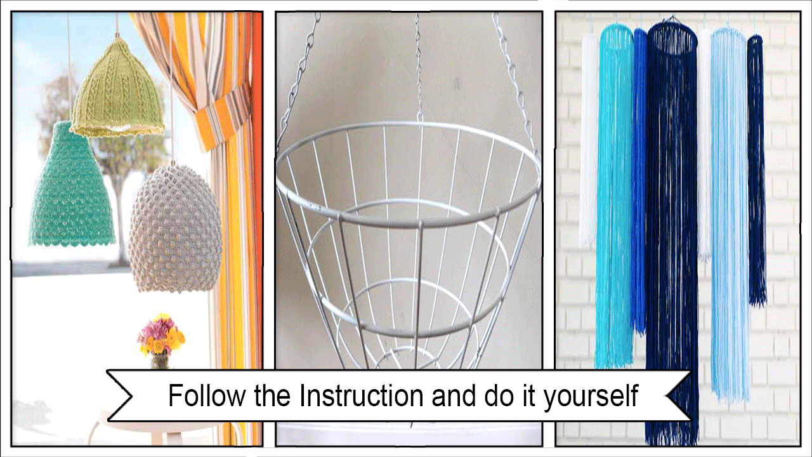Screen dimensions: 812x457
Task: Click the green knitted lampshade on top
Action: point(117,90)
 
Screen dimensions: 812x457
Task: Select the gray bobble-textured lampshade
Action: point(176,229)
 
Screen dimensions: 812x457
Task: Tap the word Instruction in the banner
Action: point(362,395)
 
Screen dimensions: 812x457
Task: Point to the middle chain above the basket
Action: point(419,67)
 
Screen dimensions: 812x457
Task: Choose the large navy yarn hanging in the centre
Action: point(671,232)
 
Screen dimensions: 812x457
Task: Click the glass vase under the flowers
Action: point(160,361)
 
